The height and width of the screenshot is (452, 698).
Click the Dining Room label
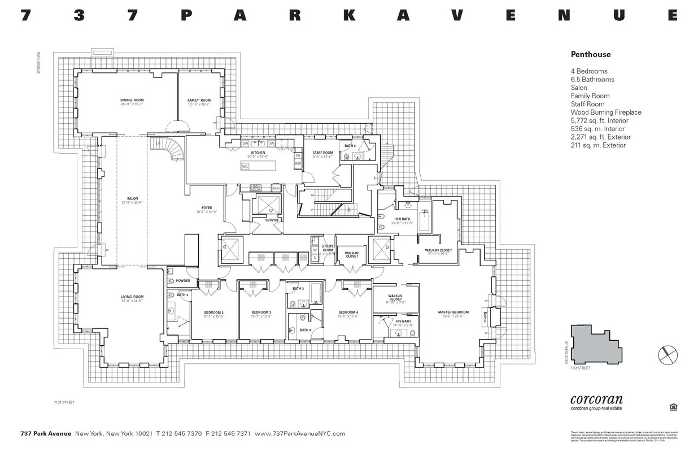[x=132, y=101]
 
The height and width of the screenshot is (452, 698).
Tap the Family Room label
[x=198, y=101]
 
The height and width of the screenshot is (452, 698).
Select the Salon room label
[x=132, y=199]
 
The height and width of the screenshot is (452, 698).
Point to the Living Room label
[x=132, y=297]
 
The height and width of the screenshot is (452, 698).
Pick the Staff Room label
[x=323, y=153]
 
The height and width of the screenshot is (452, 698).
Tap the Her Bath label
[x=402, y=219]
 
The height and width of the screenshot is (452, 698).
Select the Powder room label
[x=183, y=281]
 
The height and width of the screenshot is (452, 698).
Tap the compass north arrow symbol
[x=668, y=355]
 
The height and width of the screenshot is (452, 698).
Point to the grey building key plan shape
[x=596, y=344]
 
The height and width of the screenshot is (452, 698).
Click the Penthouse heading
[x=590, y=55]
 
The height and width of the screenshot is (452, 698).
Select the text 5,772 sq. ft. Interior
[x=599, y=120]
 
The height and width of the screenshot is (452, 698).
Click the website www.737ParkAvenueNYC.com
[x=299, y=433]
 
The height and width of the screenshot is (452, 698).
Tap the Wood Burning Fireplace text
[x=605, y=112]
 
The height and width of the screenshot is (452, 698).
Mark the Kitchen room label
[x=258, y=153]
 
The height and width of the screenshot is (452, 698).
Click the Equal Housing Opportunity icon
[x=673, y=406]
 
